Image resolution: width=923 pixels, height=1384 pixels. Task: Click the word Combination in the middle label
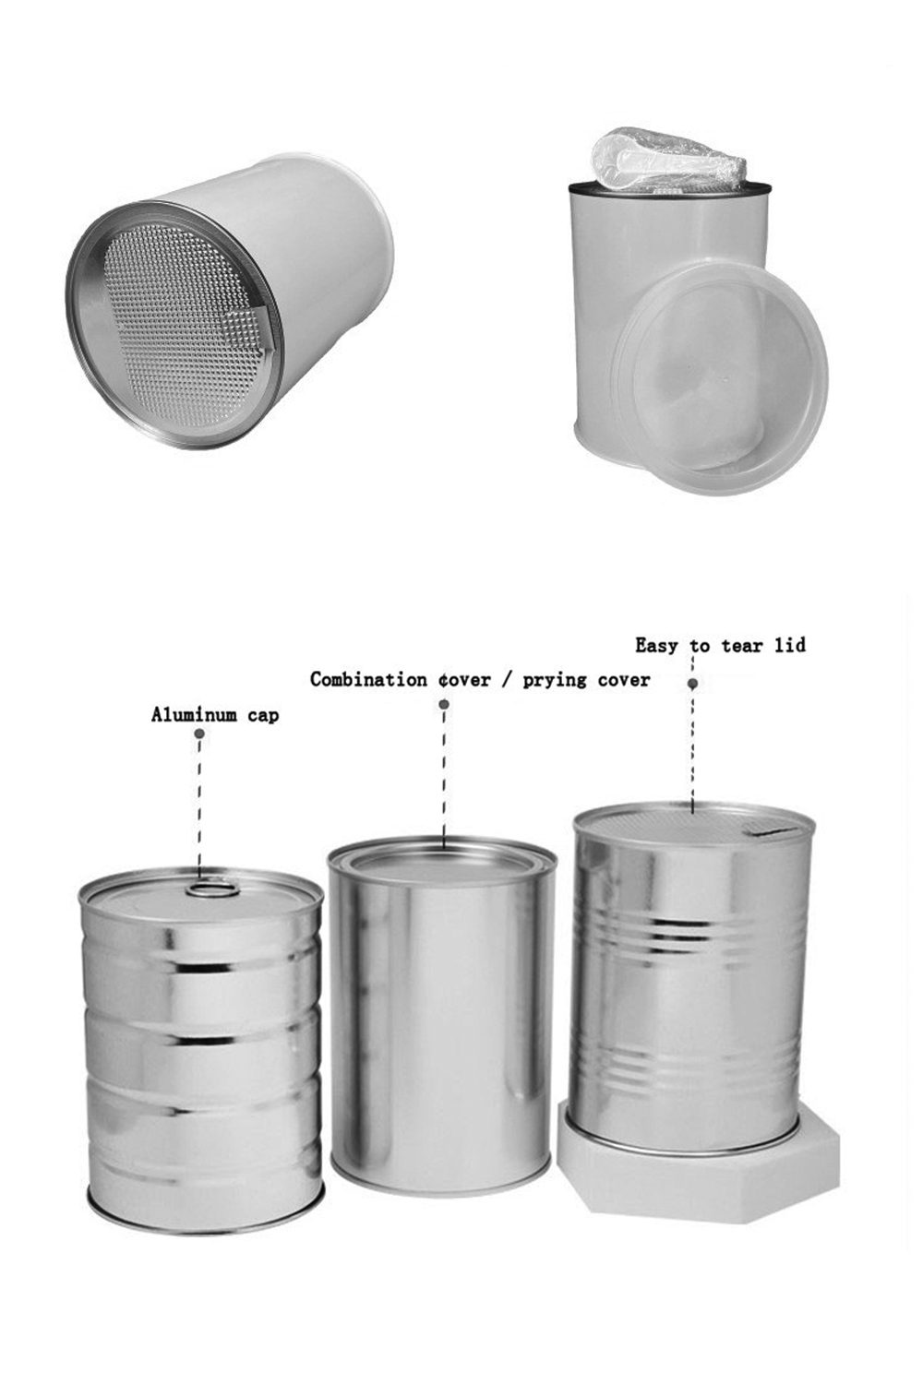[368, 680]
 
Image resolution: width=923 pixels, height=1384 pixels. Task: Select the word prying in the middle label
[555, 681]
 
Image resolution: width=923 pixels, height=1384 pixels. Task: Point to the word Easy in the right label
[656, 646]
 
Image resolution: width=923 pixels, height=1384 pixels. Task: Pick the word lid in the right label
[790, 644]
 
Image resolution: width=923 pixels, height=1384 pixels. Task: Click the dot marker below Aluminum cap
[199, 734]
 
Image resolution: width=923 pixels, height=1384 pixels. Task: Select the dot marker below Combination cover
[443, 704]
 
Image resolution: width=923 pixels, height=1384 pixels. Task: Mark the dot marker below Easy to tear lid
[693, 684]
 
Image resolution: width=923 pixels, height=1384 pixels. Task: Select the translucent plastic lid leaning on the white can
[719, 376]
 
